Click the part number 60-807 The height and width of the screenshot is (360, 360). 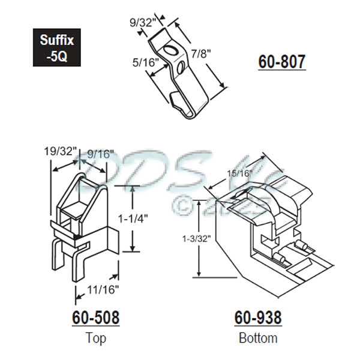(281, 62)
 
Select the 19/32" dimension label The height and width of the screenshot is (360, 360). (59, 152)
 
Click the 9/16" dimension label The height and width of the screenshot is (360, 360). (95, 154)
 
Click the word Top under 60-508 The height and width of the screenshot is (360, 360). (95, 337)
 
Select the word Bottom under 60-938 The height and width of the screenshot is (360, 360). (258, 337)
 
